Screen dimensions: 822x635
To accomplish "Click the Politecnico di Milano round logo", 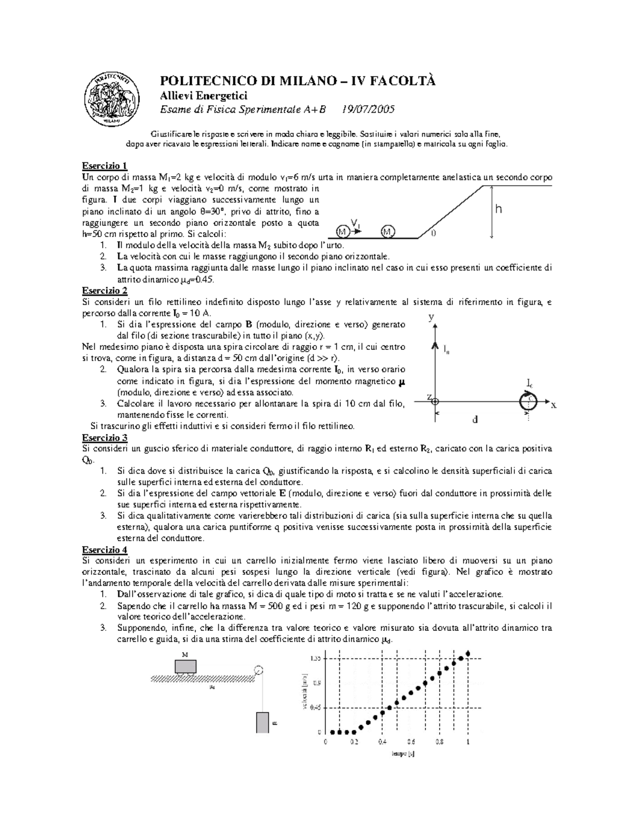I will point(112,97).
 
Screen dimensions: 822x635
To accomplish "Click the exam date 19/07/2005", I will point(368,110).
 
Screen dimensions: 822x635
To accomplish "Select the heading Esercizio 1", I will point(104,165).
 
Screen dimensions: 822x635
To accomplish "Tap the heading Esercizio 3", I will point(104,438).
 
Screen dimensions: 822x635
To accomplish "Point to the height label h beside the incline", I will point(497,210).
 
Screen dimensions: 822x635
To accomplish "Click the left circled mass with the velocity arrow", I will point(342,232).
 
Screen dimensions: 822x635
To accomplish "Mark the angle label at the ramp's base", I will point(433,233).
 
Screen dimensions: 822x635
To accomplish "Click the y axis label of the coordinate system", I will point(431,318).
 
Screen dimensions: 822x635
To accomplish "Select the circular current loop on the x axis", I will point(527,402).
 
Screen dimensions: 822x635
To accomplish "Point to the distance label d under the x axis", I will point(475,420).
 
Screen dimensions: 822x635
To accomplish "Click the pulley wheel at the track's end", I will point(259,670).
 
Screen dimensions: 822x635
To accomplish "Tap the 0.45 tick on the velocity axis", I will point(315,707).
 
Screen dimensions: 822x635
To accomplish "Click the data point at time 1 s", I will point(468,654).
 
